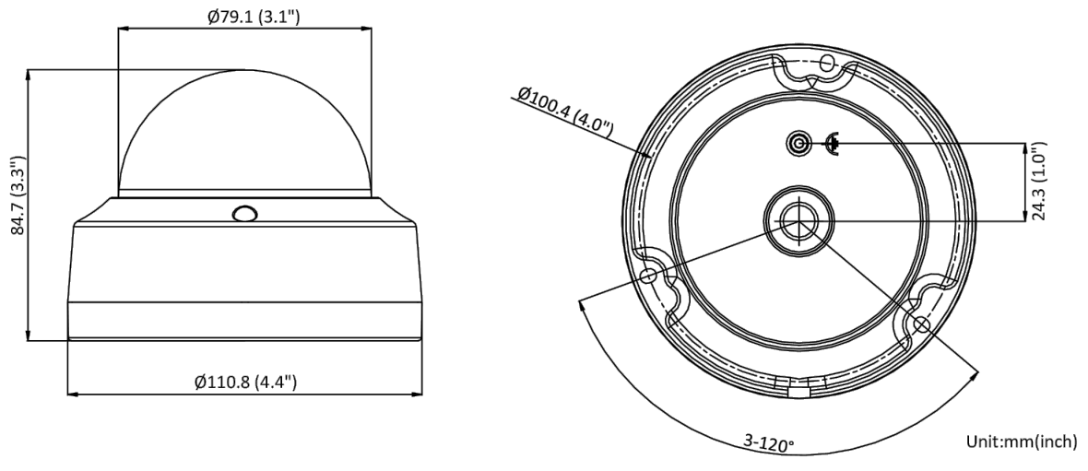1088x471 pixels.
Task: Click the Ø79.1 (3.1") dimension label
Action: (x=254, y=16)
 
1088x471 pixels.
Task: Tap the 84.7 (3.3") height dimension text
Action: (x=18, y=196)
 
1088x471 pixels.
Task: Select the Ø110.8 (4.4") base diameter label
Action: (x=245, y=382)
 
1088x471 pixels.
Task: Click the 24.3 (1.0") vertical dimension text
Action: (x=1037, y=181)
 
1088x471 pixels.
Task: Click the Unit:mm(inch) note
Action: (x=1023, y=442)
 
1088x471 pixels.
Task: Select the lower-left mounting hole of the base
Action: (x=648, y=277)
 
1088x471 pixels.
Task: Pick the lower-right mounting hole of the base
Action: (x=921, y=324)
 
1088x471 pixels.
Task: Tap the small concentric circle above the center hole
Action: (x=798, y=144)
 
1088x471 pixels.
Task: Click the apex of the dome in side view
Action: (x=245, y=69)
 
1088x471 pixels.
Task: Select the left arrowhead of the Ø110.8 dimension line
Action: (x=73, y=394)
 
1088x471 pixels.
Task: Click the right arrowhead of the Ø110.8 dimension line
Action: (x=417, y=394)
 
